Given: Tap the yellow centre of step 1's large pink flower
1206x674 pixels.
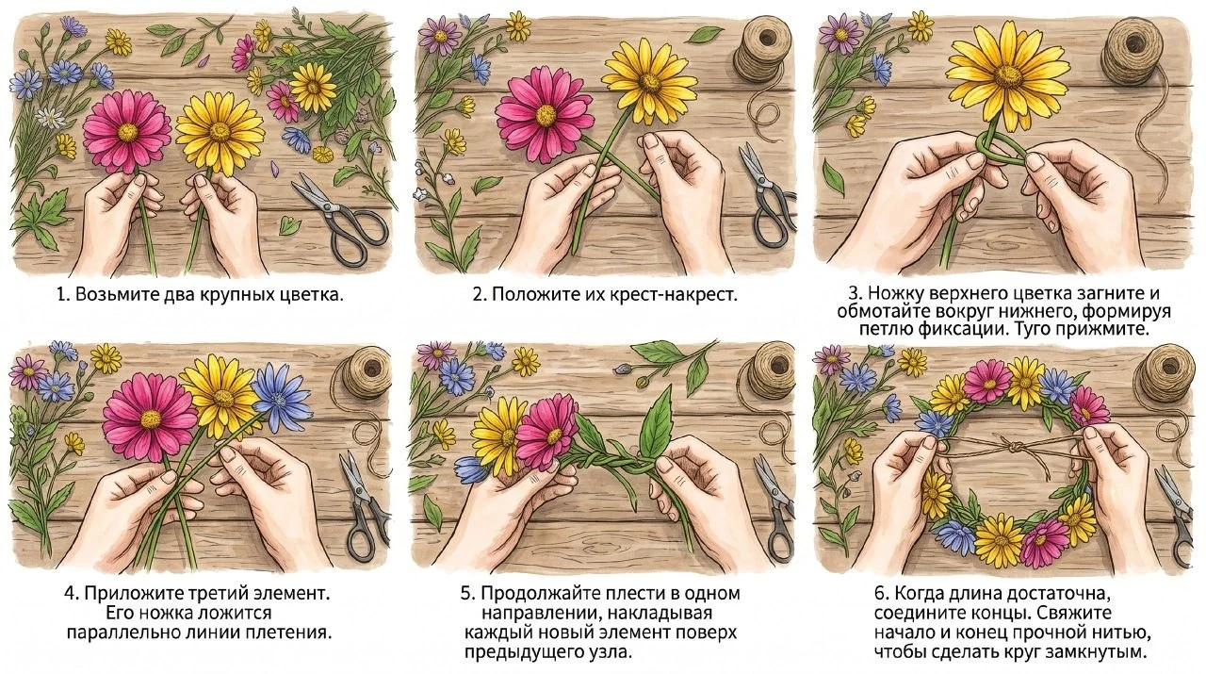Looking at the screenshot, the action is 127,130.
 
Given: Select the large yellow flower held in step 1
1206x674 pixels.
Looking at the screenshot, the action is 220,133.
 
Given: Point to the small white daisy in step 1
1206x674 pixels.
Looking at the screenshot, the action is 50,116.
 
